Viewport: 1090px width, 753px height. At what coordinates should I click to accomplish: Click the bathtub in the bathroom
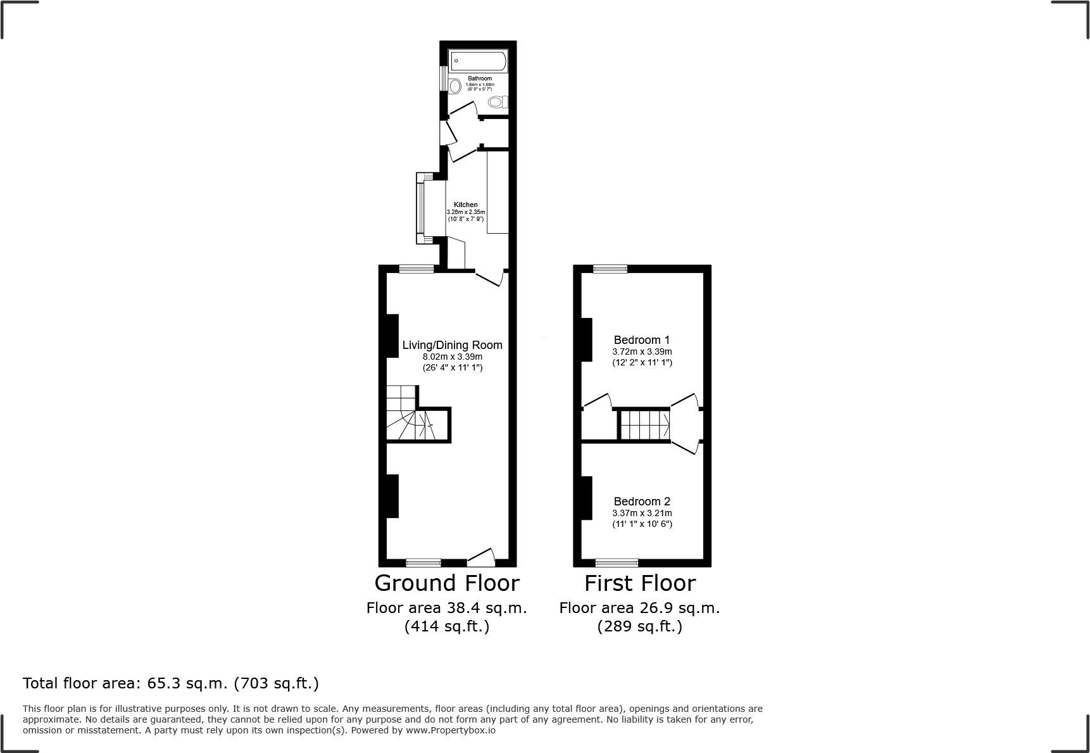pos(479,61)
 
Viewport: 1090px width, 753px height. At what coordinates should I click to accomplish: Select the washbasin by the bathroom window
pos(454,85)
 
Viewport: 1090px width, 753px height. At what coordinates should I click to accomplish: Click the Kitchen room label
pos(466,205)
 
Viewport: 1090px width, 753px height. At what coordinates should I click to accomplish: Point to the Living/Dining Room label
pos(452,345)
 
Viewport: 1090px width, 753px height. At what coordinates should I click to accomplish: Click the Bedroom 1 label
pos(641,340)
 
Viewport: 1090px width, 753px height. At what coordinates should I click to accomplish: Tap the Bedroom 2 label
pos(641,502)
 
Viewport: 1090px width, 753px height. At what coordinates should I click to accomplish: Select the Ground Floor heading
pos(447,583)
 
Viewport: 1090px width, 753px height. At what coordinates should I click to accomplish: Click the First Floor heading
pos(639,583)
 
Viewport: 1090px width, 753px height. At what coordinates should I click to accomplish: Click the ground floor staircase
pos(408,415)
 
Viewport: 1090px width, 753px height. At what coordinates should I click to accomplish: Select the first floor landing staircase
pos(644,424)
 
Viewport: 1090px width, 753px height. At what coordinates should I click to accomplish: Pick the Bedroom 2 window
pos(617,562)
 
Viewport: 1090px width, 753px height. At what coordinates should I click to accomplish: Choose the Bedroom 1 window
pos(610,269)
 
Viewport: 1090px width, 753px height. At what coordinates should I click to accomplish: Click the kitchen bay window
pos(420,208)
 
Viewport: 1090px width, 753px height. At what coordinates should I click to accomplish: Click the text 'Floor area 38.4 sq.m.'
pos(447,608)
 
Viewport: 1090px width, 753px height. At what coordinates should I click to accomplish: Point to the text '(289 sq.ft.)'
pos(639,627)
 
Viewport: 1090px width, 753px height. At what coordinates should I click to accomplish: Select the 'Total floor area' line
pos(171,683)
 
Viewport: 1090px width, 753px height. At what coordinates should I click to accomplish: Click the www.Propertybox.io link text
pos(451,730)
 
